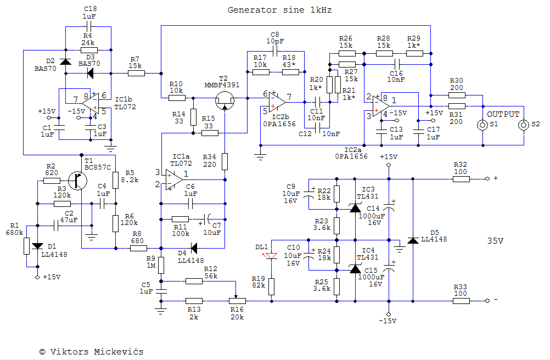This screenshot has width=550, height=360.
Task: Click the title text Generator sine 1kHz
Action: coord(279,10)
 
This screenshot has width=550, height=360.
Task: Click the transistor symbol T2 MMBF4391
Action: coord(223,99)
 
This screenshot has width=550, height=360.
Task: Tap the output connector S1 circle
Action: coord(483,125)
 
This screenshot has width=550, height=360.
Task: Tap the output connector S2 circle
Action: coord(524,125)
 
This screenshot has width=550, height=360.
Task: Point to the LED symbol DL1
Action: coord(272,256)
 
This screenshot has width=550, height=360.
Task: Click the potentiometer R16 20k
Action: coord(237,301)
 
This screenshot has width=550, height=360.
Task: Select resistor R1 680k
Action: coord(26,245)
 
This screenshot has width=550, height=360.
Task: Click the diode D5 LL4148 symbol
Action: coord(413,240)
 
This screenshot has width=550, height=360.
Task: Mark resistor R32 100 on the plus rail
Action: coord(460,179)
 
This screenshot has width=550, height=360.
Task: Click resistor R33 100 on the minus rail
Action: coord(460,301)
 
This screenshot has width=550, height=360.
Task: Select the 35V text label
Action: coord(495,240)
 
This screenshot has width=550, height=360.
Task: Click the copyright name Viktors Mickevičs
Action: coord(97,351)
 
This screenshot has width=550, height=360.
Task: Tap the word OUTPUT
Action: coord(503,114)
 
